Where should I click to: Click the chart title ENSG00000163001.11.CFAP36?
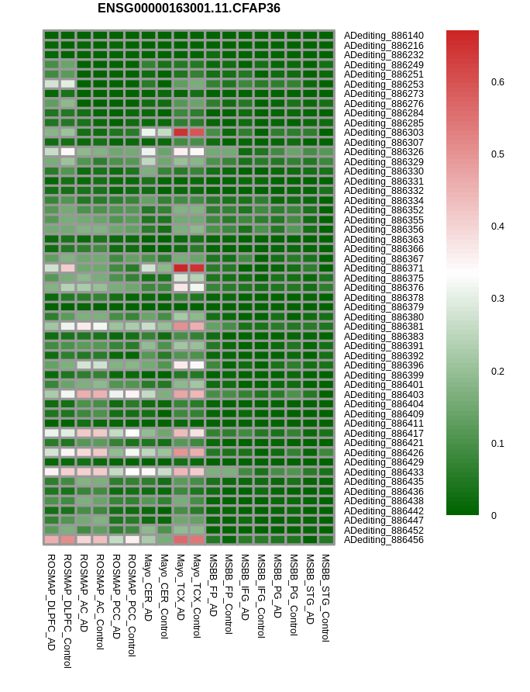point(189,9)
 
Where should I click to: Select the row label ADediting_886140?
point(384,36)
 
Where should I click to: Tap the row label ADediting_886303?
point(384,133)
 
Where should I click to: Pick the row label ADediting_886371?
point(384,268)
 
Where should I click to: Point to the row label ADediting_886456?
point(384,540)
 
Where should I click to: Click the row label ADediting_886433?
point(384,472)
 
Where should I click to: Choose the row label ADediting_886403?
point(384,394)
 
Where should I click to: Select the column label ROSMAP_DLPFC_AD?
point(51,601)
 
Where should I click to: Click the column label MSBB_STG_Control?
point(325,597)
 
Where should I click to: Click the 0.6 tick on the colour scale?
point(497,82)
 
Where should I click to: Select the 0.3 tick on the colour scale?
point(497,299)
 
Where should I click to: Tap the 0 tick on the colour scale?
point(494,515)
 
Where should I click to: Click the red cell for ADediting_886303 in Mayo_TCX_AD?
point(181,133)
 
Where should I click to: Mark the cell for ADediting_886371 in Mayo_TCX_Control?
point(197,268)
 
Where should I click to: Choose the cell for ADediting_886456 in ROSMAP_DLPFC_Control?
point(67,540)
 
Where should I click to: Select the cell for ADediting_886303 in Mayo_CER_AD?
point(148,133)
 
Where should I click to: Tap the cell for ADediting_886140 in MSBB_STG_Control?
point(326,36)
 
